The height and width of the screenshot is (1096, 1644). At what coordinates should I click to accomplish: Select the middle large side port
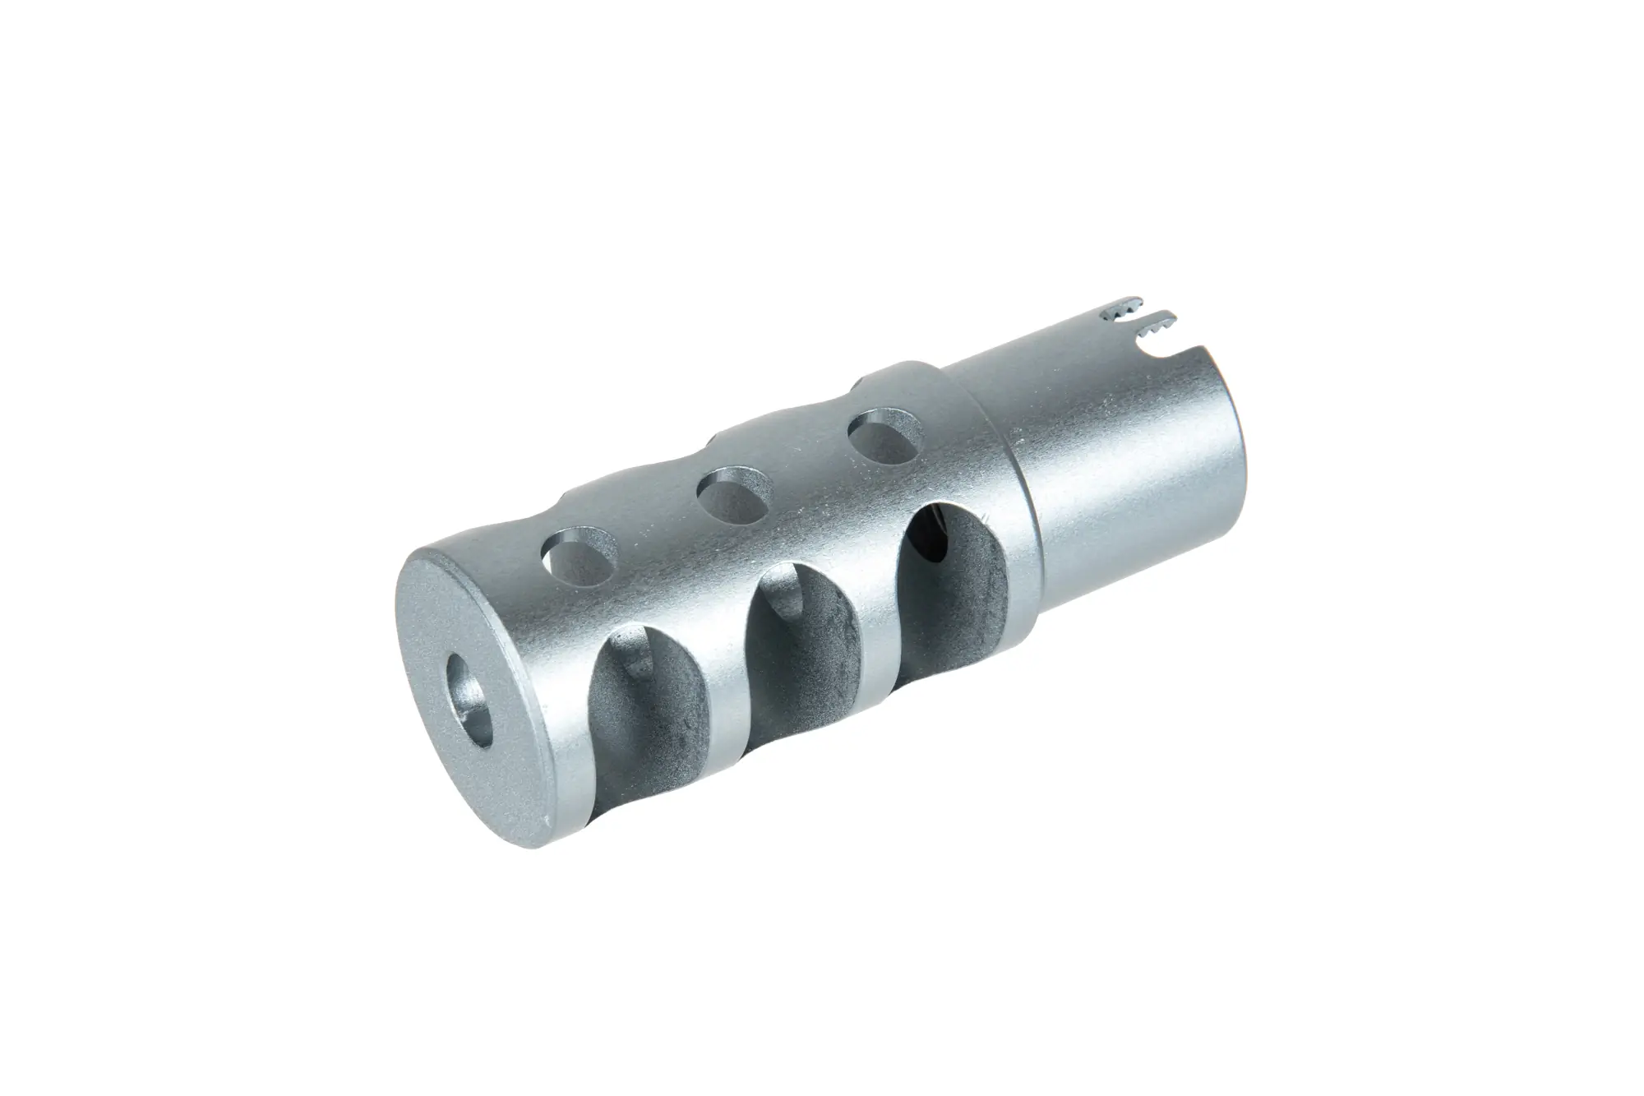coord(801,650)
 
